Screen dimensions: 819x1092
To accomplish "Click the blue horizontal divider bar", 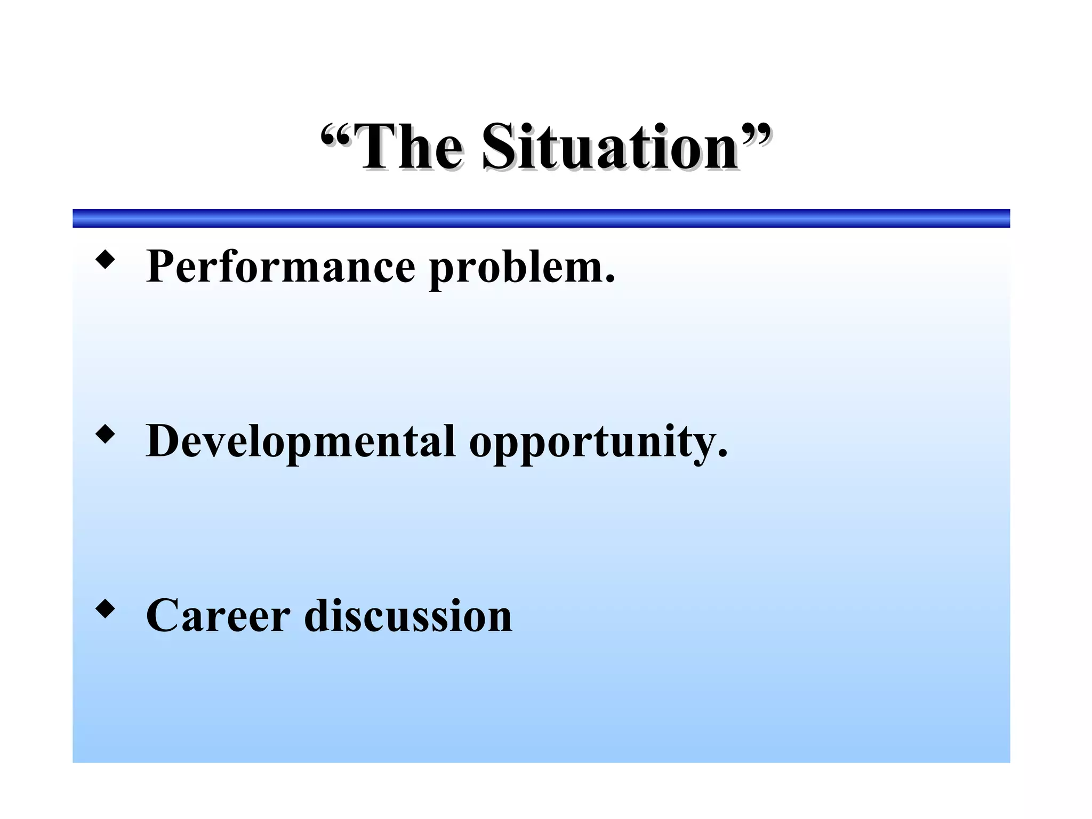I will point(541,218).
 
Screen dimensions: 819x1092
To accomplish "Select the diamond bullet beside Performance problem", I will point(105,260).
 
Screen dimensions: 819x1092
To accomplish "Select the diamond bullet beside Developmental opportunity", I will point(105,434).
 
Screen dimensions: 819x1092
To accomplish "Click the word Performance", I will point(280,267).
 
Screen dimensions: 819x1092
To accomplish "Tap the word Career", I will point(218,616).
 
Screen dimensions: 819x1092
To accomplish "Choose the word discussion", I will point(408,616).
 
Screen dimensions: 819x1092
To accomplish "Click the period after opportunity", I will point(722,454).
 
